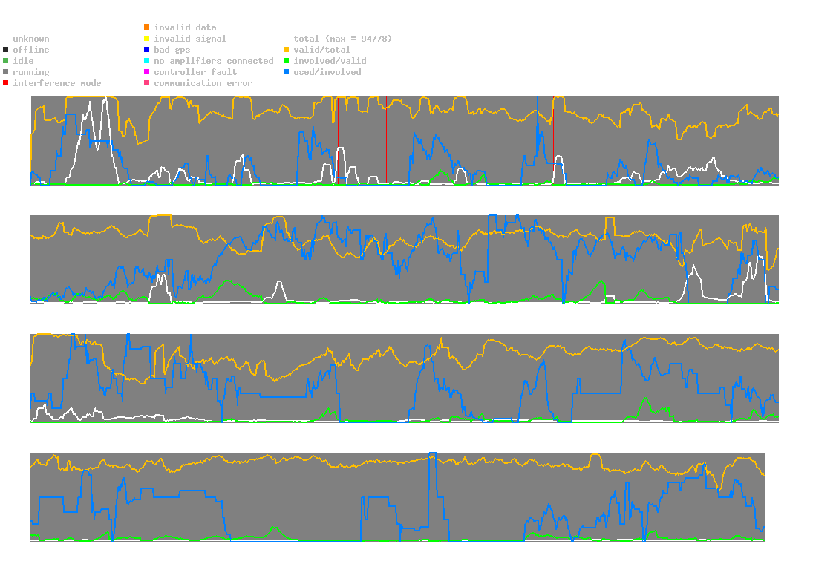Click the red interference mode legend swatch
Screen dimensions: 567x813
pos(6,83)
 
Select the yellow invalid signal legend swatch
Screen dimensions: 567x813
pos(147,39)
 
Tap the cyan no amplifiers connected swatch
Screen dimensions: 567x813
pos(147,61)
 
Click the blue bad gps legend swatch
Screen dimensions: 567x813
pos(147,50)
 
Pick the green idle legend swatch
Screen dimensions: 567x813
pos(6,61)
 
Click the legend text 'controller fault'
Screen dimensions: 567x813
pos(195,72)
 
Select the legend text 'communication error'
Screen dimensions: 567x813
pos(203,83)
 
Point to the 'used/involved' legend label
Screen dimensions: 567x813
pos(327,72)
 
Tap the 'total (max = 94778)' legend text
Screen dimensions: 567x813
pos(342,39)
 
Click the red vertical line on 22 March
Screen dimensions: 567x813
pos(386,141)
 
